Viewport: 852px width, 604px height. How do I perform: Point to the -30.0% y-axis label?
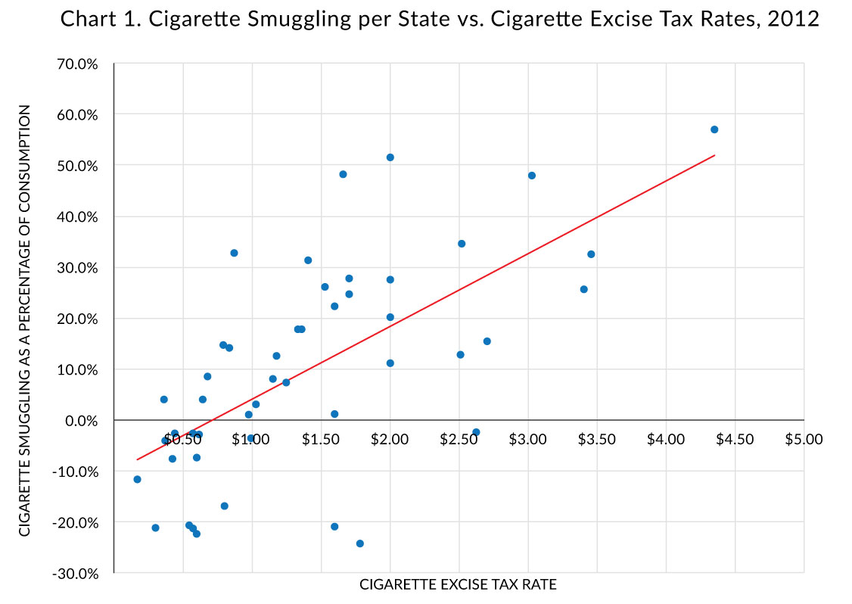(76, 573)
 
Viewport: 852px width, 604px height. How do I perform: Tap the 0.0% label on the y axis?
(81, 420)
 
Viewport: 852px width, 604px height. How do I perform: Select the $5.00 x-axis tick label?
(804, 439)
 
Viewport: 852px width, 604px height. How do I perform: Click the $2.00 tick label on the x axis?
(390, 439)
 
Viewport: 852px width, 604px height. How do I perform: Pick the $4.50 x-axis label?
(735, 439)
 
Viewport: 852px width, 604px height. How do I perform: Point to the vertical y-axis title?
(25, 320)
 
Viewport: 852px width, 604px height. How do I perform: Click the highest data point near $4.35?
(714, 129)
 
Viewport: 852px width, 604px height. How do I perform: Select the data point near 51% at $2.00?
(390, 157)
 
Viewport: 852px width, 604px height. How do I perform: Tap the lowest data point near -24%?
(360, 543)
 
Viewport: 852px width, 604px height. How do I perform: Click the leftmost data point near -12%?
(137, 479)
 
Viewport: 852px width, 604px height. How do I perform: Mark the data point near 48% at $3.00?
(532, 176)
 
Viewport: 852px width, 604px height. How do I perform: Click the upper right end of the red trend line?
(714, 155)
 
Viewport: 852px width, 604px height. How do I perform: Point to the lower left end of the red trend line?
(137, 459)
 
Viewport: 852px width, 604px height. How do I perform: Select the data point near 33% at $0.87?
(234, 253)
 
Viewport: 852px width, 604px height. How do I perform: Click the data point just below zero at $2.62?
(476, 432)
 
